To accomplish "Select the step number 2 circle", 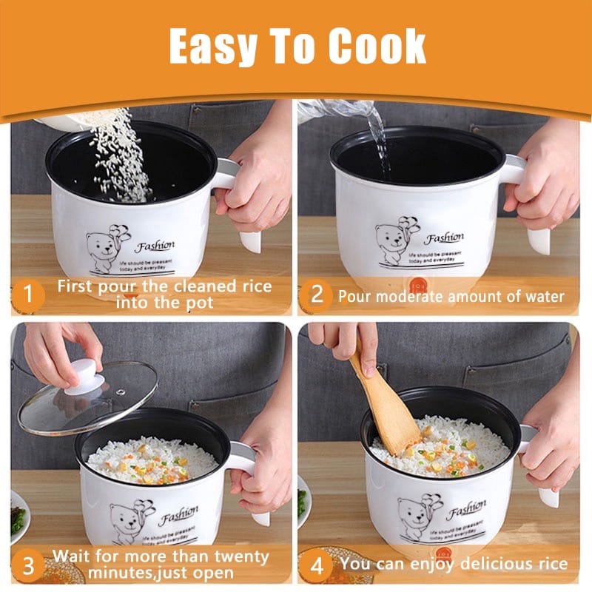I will coord(317,296).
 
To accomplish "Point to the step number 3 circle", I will coord(28,567).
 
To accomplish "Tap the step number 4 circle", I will coord(317,567).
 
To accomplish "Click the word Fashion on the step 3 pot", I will coord(178,512).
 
